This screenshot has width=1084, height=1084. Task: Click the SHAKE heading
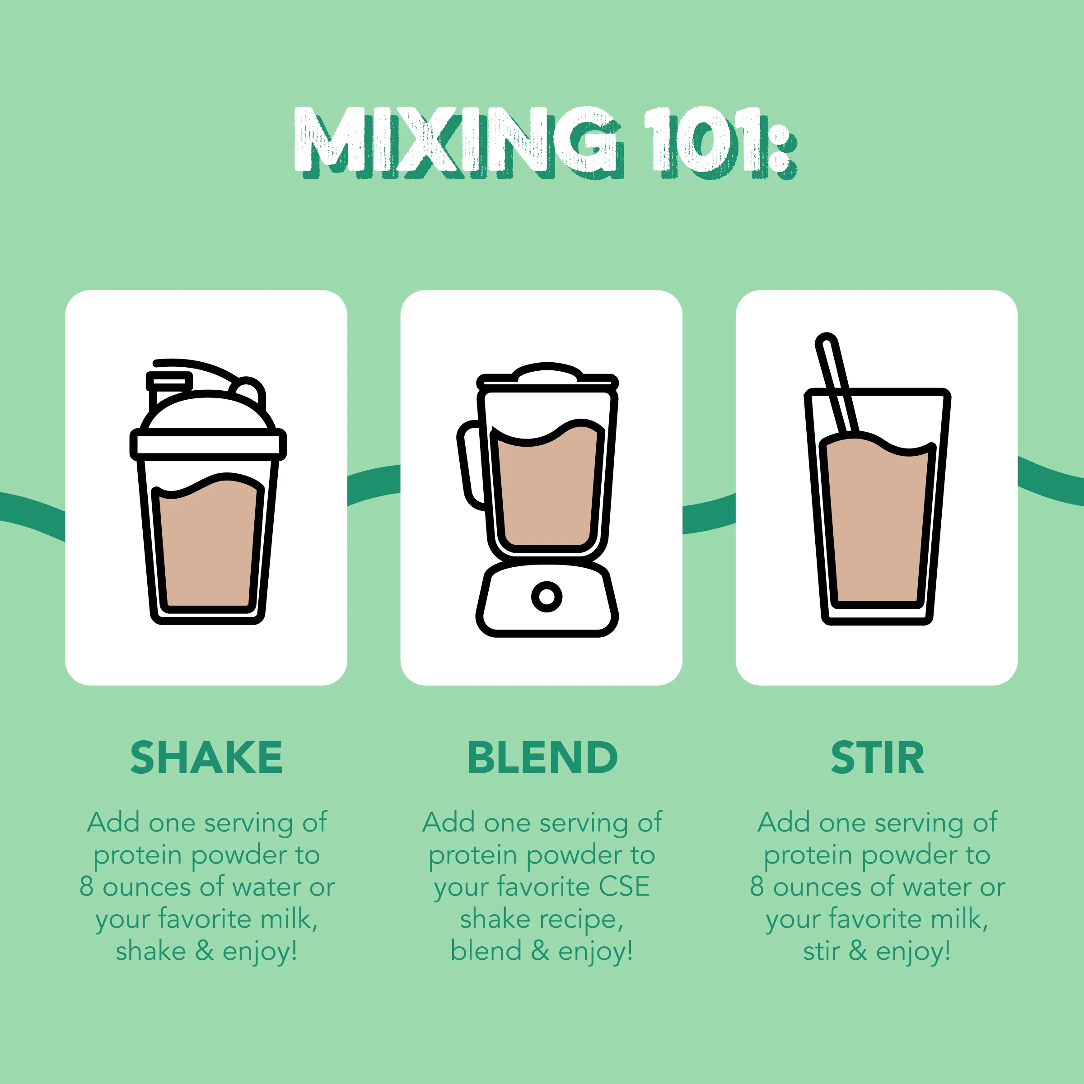206,757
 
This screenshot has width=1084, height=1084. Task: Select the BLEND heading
542,757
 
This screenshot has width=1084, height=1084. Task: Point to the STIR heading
877,757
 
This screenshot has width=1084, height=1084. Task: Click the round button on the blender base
547,596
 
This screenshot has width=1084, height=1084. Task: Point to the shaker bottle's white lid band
208,444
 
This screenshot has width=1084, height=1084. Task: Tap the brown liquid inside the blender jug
547,494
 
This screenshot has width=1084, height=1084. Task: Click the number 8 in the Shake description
86,887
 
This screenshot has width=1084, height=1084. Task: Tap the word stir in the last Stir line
821,952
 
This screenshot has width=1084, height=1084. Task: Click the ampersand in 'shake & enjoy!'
204,952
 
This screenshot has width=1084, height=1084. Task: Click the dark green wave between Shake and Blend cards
374,484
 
